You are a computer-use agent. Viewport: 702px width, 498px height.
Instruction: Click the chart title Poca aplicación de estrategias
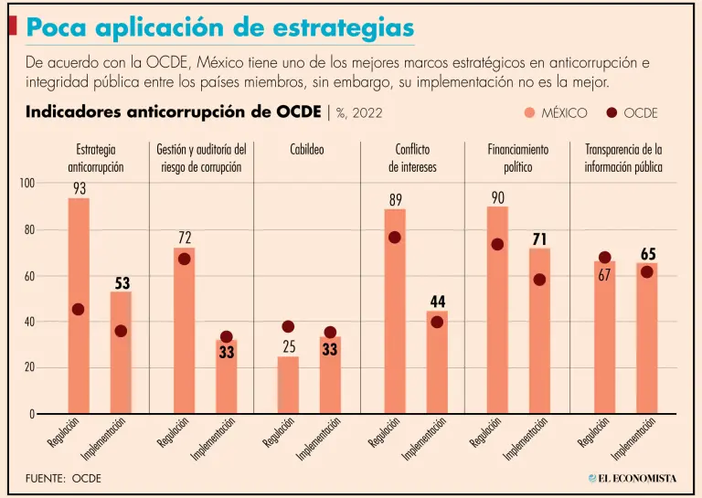pyautogui.click(x=219, y=26)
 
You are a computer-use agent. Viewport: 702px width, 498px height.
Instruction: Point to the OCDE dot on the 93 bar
pyautogui.click(x=79, y=310)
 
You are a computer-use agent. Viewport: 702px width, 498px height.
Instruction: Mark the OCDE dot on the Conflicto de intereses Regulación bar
pyautogui.click(x=394, y=238)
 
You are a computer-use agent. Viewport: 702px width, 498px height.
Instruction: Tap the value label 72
pyautogui.click(x=185, y=238)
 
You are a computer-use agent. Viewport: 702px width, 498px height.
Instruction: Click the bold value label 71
pyautogui.click(x=539, y=239)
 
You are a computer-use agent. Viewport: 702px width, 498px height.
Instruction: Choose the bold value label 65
pyautogui.click(x=647, y=254)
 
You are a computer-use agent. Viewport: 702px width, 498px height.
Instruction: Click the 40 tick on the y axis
pyautogui.click(x=28, y=322)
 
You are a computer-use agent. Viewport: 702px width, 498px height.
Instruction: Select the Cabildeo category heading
pyautogui.click(x=306, y=149)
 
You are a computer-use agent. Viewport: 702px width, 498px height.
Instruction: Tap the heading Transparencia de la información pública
pyautogui.click(x=623, y=158)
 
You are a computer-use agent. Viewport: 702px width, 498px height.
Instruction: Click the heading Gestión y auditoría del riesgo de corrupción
pyautogui.click(x=201, y=158)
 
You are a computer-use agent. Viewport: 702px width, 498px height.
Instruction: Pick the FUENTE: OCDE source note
pyautogui.click(x=63, y=478)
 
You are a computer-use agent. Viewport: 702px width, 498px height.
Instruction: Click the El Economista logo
pyautogui.click(x=633, y=478)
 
